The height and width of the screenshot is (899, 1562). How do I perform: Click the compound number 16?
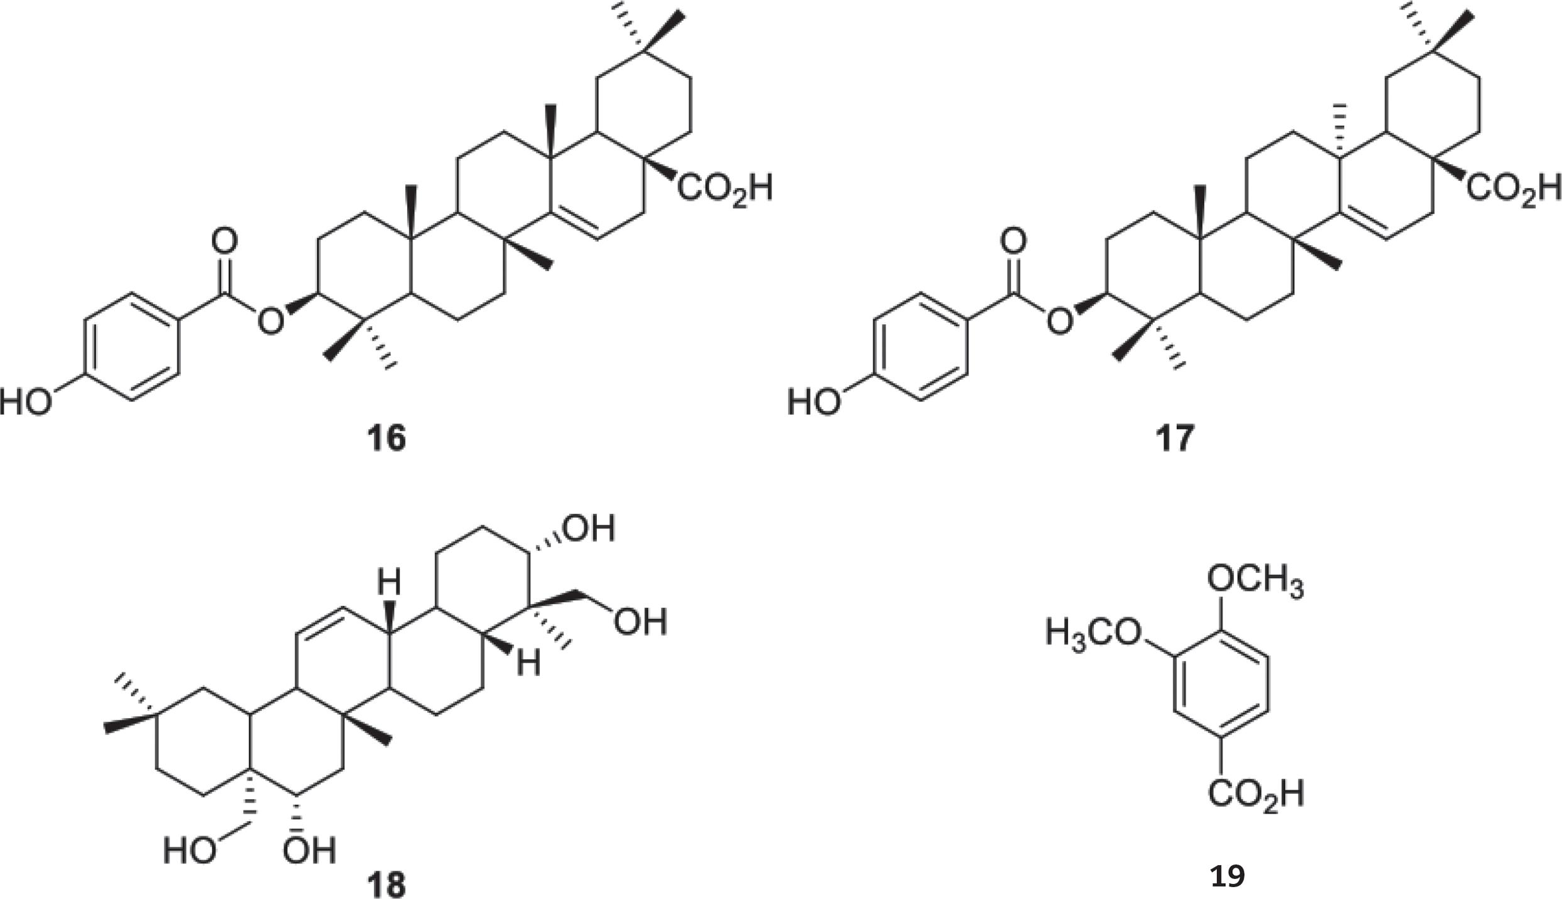coord(386,437)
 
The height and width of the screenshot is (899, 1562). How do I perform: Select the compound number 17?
coord(1174,437)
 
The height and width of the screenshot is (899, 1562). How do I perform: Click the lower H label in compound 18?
coord(528,663)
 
